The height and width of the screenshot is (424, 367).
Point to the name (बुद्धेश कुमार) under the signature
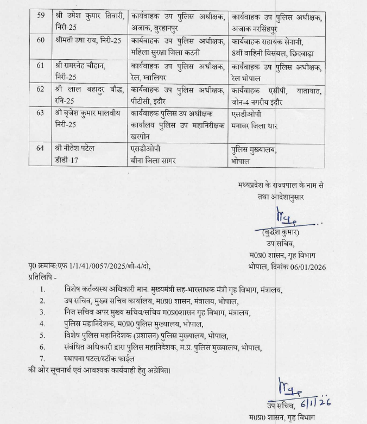tap(280, 232)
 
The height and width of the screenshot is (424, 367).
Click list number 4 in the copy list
tap(42, 324)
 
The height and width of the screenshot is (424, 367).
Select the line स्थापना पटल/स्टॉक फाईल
tap(107, 358)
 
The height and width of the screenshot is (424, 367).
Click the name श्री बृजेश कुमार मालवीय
tap(90, 113)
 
